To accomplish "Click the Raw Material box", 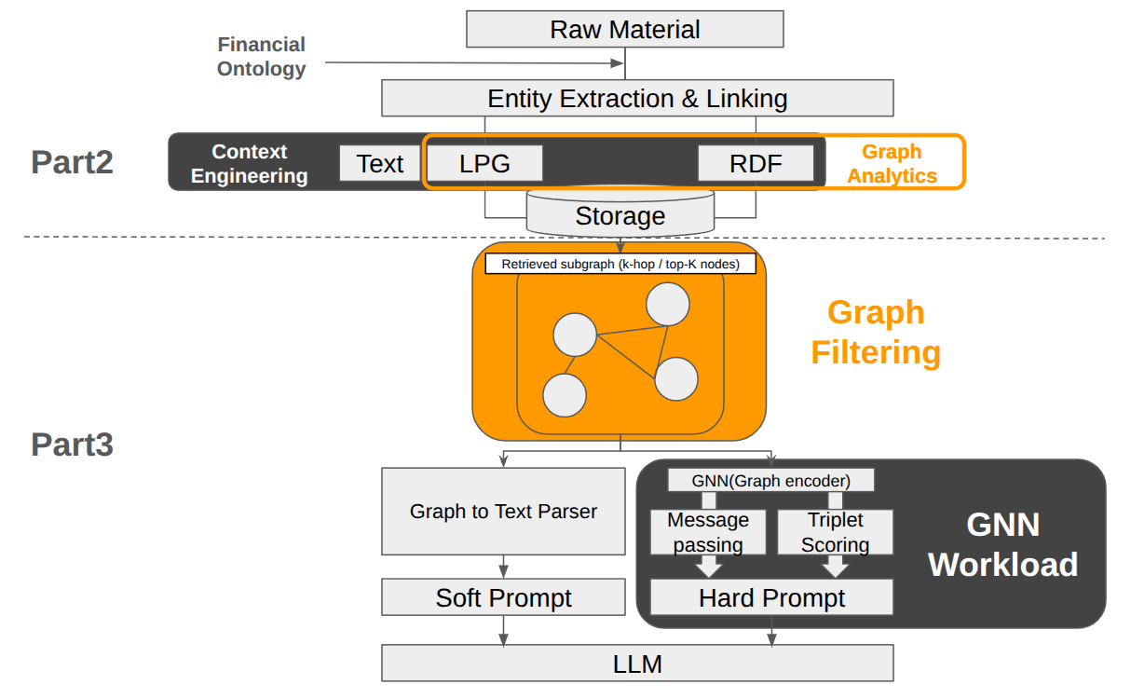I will pyautogui.click(x=624, y=29).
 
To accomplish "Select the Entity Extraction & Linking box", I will pyautogui.click(x=637, y=98).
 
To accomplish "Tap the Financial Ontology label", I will pyautogui.click(x=262, y=57).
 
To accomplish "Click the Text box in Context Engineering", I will pyautogui.click(x=379, y=164).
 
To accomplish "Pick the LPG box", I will pyautogui.click(x=484, y=164).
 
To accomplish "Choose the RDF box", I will pyautogui.click(x=756, y=164).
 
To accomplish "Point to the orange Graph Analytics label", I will pyautogui.click(x=892, y=163).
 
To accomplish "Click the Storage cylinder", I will pyautogui.click(x=620, y=216).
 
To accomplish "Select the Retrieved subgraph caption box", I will pyautogui.click(x=620, y=264).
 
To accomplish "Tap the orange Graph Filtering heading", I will pyautogui.click(x=876, y=333).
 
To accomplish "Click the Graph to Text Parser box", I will pyautogui.click(x=503, y=511).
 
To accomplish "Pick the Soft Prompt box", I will pyautogui.click(x=503, y=597).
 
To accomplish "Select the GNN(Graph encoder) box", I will pyautogui.click(x=771, y=481).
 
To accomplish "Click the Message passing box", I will pyautogui.click(x=708, y=532).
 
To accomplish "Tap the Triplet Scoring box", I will pyautogui.click(x=835, y=532).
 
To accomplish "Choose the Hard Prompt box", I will pyautogui.click(x=771, y=597).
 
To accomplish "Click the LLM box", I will pyautogui.click(x=637, y=664).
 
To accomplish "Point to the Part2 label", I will pyautogui.click(x=72, y=162).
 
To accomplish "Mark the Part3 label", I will pyautogui.click(x=72, y=445).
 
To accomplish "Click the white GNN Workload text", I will pyautogui.click(x=1002, y=545).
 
